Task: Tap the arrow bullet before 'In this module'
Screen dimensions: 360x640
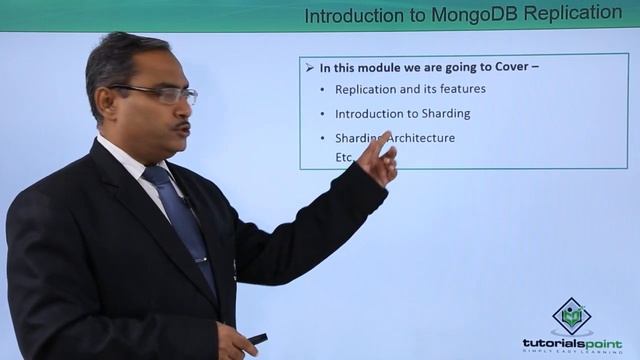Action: click(309, 68)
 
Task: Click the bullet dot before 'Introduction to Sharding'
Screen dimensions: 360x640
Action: click(322, 114)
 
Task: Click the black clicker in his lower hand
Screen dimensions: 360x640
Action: click(257, 339)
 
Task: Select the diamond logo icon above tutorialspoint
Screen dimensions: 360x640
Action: click(572, 316)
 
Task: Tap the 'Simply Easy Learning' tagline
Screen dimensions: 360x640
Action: click(571, 352)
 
